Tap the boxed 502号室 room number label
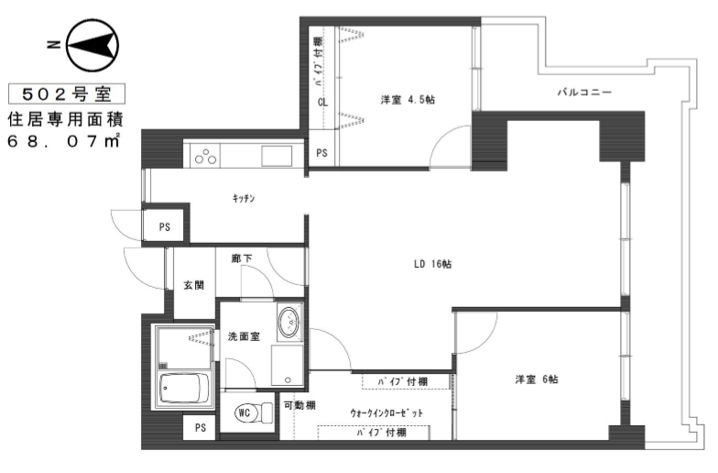pos(67,94)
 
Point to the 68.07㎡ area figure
pos(64,141)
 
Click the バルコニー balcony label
pos(584,92)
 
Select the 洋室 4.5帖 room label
pos(408,99)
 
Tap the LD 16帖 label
pos(432,264)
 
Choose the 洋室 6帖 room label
pos(537,379)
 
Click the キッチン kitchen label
pos(244,198)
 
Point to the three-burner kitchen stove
pos(205,156)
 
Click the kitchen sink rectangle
pos(277,156)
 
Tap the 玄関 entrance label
pos(194,285)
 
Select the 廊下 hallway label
pos(242,258)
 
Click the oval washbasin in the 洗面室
pos(288,323)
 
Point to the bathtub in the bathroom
pos(185,389)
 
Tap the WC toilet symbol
pos(254,412)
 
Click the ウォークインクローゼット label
pos(386,412)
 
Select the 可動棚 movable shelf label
pos(299,405)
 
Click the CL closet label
pos(322,103)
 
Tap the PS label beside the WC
pos(200,427)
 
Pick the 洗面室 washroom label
pos(244,336)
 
